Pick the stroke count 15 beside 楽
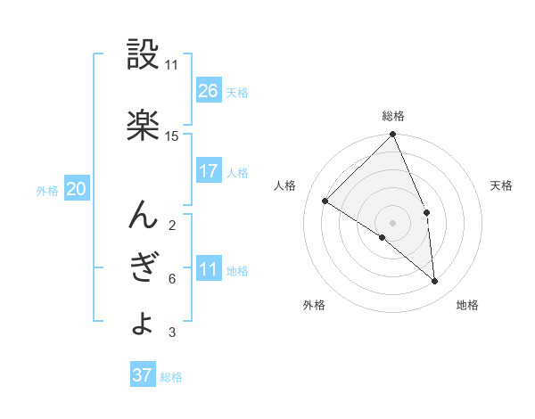point(172,136)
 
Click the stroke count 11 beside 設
point(172,65)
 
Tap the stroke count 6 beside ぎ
point(171,279)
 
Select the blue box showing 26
point(209,90)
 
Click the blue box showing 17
point(209,171)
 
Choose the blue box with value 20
point(77,188)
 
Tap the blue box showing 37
point(143,375)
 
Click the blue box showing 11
point(209,268)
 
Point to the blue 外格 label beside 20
point(48,190)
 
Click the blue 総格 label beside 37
point(171,377)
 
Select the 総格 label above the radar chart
point(393,116)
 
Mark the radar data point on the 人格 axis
point(325,201)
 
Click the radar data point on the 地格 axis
point(434,282)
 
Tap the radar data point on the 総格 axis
point(393,136)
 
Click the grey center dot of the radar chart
point(392,222)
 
